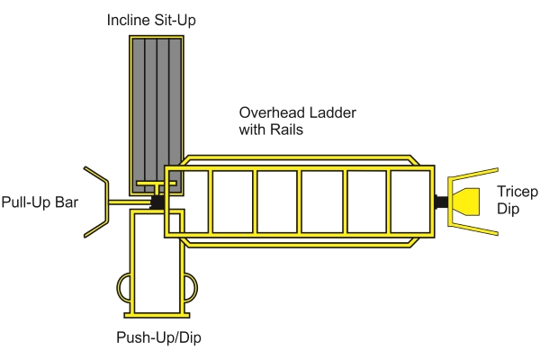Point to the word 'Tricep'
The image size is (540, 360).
[x=516, y=193]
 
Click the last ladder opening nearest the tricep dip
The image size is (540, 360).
[x=409, y=200]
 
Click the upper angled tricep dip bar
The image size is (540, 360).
[x=472, y=175]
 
